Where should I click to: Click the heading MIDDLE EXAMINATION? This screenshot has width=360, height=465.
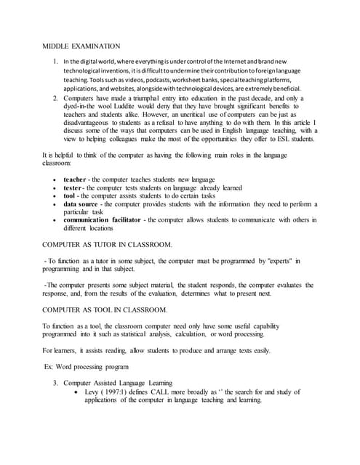point(80,46)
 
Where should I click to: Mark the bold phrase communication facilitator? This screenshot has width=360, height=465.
point(103,220)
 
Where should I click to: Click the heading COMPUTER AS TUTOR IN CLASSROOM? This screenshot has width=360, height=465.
point(108,245)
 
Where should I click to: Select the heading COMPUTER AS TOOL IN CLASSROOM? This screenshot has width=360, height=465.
point(105,310)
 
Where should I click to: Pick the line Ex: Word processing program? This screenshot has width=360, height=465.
point(87,366)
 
